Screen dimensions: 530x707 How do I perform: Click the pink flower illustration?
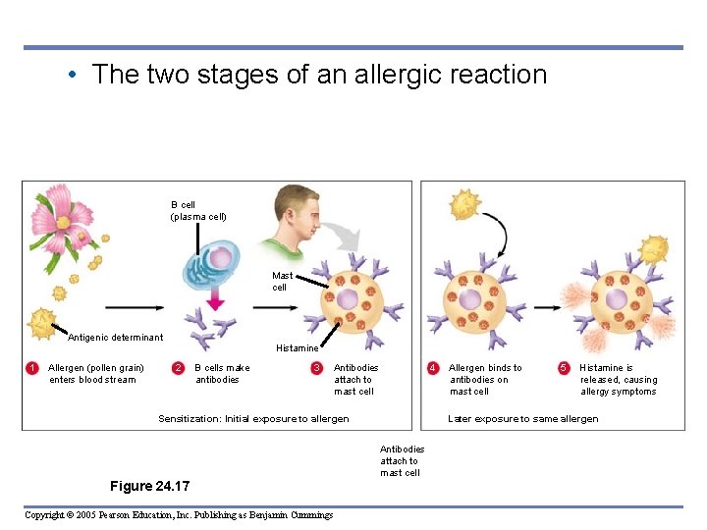63,220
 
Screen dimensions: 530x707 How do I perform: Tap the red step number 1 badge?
32,368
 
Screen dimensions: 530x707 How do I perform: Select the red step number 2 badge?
178,368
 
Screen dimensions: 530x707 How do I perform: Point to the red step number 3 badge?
316,368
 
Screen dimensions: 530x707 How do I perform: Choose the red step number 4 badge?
432,368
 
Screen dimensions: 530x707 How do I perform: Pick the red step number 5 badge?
564,368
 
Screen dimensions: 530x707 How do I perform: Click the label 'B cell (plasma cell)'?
198,211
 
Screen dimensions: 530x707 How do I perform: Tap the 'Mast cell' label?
282,282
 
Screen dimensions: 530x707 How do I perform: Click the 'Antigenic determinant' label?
115,338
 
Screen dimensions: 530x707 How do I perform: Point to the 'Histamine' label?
297,348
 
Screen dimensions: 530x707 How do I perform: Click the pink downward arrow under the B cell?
214,298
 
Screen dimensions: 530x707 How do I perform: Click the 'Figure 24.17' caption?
150,486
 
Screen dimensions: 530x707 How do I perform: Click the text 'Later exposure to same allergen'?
522,419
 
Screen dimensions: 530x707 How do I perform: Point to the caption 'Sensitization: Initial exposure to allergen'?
253,419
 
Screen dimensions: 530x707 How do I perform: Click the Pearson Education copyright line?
178,515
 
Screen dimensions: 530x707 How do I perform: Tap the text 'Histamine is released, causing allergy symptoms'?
618,380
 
